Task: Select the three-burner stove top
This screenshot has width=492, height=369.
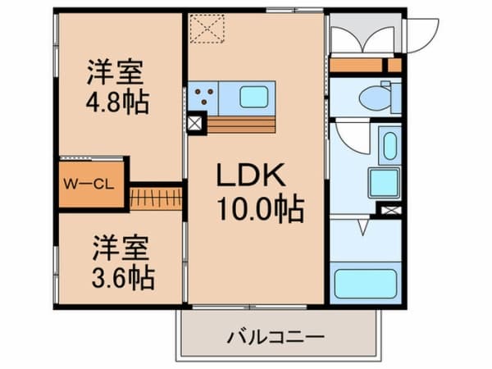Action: point(203,97)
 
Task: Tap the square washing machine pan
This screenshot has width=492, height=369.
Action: point(382,183)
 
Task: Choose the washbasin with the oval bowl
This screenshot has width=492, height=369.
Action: point(389,144)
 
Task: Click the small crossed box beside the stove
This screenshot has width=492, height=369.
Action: point(195,125)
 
